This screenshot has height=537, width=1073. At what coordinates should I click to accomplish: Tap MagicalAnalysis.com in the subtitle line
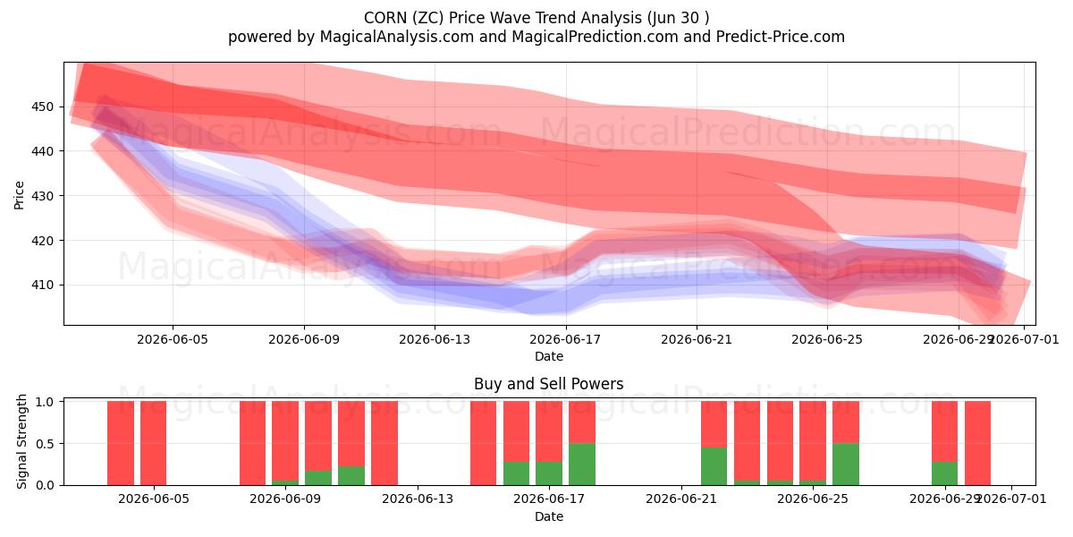pyautogui.click(x=397, y=37)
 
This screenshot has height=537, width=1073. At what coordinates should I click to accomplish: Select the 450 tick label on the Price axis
pyautogui.click(x=42, y=107)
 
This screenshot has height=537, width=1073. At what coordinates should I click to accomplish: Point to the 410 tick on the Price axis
pyautogui.click(x=42, y=285)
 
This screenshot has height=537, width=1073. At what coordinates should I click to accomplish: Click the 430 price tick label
pyautogui.click(x=42, y=196)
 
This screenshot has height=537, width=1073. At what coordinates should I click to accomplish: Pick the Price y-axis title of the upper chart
pyautogui.click(x=19, y=195)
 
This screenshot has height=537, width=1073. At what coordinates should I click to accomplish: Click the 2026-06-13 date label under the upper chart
pyautogui.click(x=435, y=339)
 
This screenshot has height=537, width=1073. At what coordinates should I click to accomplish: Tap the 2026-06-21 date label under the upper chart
pyautogui.click(x=697, y=339)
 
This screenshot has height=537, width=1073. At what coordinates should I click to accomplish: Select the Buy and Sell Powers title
pyautogui.click(x=549, y=384)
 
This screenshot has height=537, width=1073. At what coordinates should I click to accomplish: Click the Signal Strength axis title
pyautogui.click(x=21, y=441)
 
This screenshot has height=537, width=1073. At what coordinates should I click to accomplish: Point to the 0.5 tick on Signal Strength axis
pyautogui.click(x=45, y=444)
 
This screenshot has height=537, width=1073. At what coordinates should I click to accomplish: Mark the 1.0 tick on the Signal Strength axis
pyautogui.click(x=45, y=401)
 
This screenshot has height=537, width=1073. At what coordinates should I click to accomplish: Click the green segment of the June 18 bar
pyautogui.click(x=582, y=465)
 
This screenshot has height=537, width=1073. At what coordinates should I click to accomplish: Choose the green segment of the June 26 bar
pyautogui.click(x=846, y=465)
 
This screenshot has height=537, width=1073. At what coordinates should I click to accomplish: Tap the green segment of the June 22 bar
pyautogui.click(x=714, y=466)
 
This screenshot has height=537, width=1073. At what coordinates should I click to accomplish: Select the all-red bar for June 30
pyautogui.click(x=977, y=443)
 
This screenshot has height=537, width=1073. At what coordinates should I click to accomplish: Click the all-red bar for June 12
pyautogui.click(x=384, y=443)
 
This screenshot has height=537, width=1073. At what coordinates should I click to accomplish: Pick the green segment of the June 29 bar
pyautogui.click(x=944, y=473)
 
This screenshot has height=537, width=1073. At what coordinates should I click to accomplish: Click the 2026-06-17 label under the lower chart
pyautogui.click(x=549, y=499)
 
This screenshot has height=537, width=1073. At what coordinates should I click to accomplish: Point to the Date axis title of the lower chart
pyautogui.click(x=549, y=516)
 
